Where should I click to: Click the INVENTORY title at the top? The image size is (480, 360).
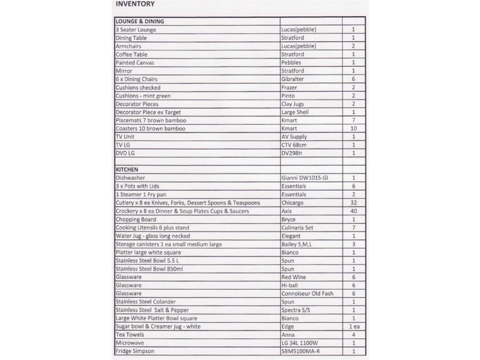pos(134,5)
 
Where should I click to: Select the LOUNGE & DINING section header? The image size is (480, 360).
pos(140,22)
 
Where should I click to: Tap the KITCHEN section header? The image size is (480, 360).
pos(127,170)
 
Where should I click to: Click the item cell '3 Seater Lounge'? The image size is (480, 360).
pos(136,29)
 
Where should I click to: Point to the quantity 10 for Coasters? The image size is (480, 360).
pos(353,128)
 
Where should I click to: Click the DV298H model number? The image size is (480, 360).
pos(293,153)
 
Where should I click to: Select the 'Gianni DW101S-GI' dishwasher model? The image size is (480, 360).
pos(305,178)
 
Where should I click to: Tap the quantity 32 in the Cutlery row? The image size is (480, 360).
pos(353,203)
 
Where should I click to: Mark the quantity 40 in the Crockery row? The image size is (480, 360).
pos(353,211)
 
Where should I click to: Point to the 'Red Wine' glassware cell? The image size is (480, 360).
pos(293,277)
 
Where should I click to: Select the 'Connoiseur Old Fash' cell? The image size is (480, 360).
pos(307,293)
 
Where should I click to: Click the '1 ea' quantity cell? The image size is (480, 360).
pos(353,326)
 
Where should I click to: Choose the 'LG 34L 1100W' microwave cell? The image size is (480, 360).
pos(299,343)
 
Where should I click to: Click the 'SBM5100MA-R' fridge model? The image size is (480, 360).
pos(301,351)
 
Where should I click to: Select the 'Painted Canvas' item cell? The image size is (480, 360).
pos(134,62)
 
